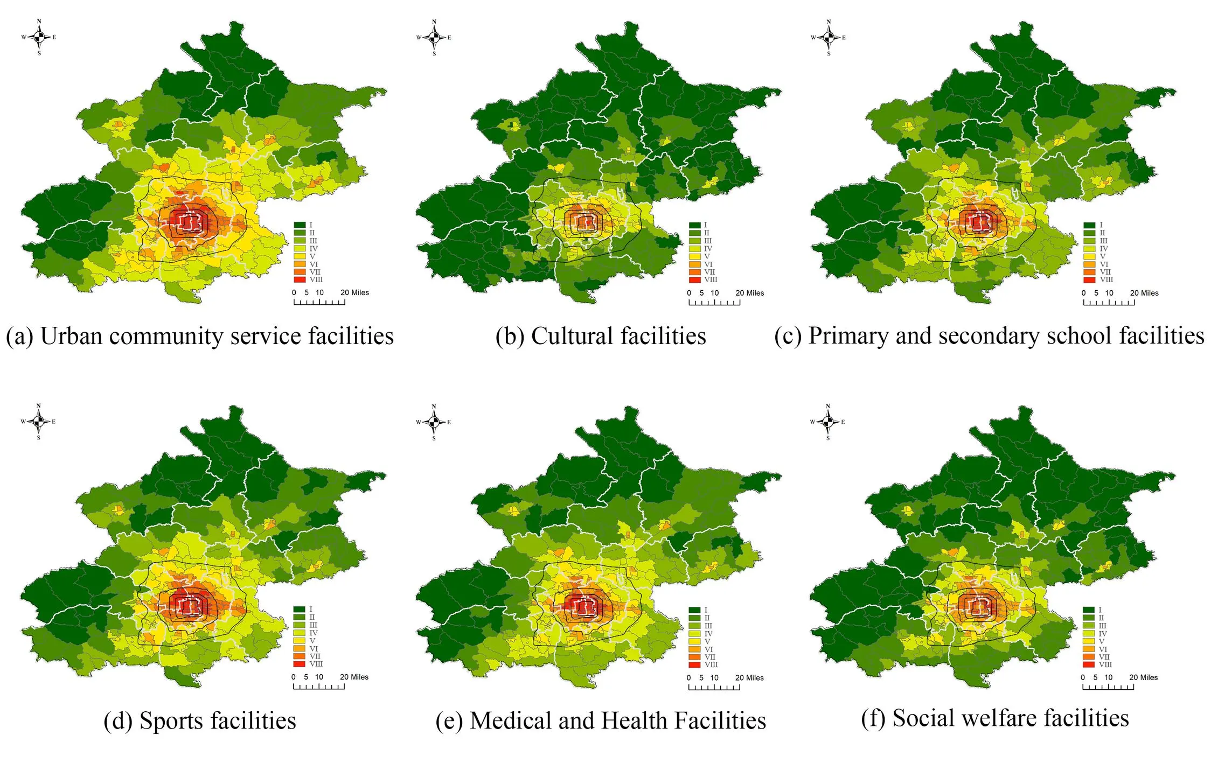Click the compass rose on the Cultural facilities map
click(x=434, y=37)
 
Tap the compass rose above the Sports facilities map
click(x=38, y=422)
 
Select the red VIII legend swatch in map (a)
click(x=300, y=279)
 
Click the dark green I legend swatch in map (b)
click(x=694, y=225)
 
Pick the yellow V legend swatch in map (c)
click(x=1089, y=256)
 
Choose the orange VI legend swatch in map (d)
click(x=299, y=648)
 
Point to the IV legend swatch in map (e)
click(x=694, y=633)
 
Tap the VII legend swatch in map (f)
click(x=1089, y=656)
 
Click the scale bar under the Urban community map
click(x=319, y=302)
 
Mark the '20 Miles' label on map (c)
click(x=1144, y=293)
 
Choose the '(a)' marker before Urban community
click(x=19, y=337)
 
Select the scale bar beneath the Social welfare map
click(x=1108, y=687)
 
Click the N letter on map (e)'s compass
click(x=434, y=407)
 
